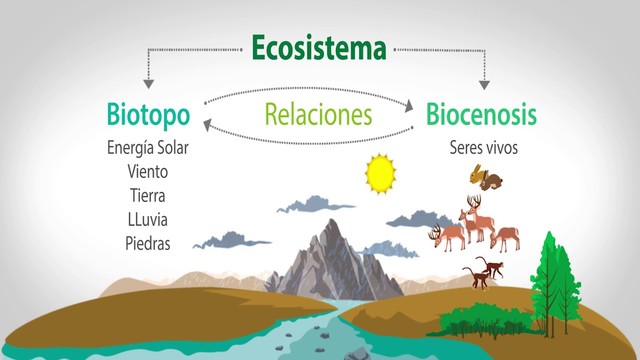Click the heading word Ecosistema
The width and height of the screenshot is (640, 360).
point(319,47)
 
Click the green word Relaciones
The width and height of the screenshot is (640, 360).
point(318,112)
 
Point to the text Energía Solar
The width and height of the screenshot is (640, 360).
point(148,148)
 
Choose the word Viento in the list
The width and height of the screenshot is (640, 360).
point(148,171)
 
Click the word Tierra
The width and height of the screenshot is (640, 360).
point(148,195)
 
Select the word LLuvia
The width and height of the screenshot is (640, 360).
point(148,218)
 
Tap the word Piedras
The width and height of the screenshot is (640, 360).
point(148,242)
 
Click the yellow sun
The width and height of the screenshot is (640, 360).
point(381,173)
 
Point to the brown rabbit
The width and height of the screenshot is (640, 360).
point(487,178)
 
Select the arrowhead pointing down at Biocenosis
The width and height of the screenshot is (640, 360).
point(485,85)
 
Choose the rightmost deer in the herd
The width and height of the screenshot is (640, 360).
point(505,236)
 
